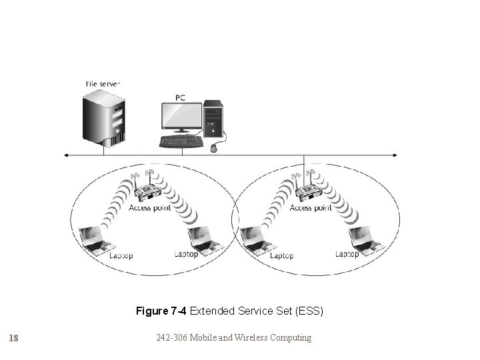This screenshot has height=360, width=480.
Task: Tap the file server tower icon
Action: pyautogui.click(x=103, y=119)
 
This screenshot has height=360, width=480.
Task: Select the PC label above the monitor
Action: pyautogui.click(x=180, y=97)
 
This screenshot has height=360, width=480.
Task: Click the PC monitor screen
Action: pyautogui.click(x=181, y=117)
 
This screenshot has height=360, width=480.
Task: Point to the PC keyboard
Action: pyautogui.click(x=181, y=141)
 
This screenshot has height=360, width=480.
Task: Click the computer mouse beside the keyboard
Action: pyautogui.click(x=213, y=148)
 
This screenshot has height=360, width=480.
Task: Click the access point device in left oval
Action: pyautogui.click(x=147, y=193)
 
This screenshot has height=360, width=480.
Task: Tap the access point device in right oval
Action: pyautogui.click(x=308, y=193)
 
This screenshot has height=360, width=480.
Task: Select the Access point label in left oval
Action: pyautogui.click(x=150, y=208)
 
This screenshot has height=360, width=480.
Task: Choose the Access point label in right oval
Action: pyautogui.click(x=311, y=208)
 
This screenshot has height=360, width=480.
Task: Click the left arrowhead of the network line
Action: pyautogui.click(x=66, y=155)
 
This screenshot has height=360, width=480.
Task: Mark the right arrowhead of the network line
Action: pyautogui.click(x=397, y=155)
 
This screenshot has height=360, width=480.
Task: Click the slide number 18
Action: pyautogui.click(x=13, y=338)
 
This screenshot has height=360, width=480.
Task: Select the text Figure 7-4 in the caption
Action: pyautogui.click(x=162, y=311)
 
